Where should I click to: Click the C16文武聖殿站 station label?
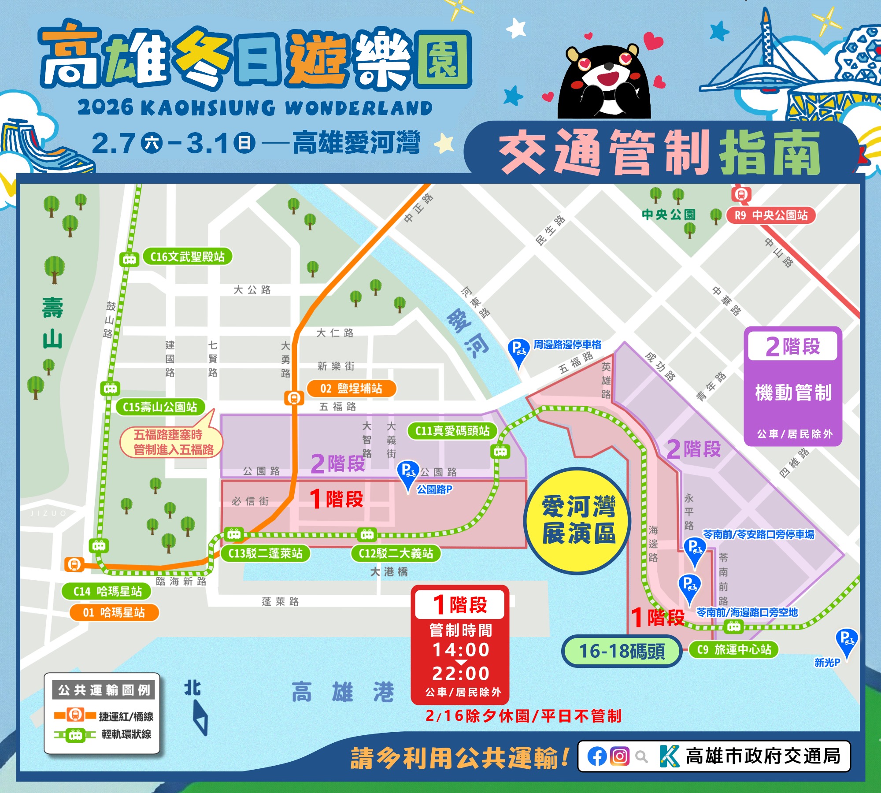pyautogui.click(x=187, y=257)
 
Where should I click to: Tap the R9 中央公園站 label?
pyautogui.click(x=771, y=215)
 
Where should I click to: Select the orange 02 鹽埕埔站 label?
pyautogui.click(x=351, y=389)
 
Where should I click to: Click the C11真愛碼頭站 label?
pyautogui.click(x=452, y=431)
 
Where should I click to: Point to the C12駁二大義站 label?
pyautogui.click(x=396, y=553)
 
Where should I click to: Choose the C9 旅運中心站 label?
pyautogui.click(x=734, y=649)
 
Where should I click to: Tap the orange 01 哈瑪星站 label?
pyautogui.click(x=114, y=612)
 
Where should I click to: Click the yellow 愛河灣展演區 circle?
pyautogui.click(x=577, y=521)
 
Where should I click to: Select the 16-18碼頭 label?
pyautogui.click(x=622, y=651)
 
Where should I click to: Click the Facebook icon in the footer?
pyautogui.click(x=597, y=757)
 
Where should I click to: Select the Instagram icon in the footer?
pyautogui.click(x=620, y=756)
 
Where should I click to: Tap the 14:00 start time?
pyautogui.click(x=461, y=650)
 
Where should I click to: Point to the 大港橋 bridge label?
pyautogui.click(x=389, y=572)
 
